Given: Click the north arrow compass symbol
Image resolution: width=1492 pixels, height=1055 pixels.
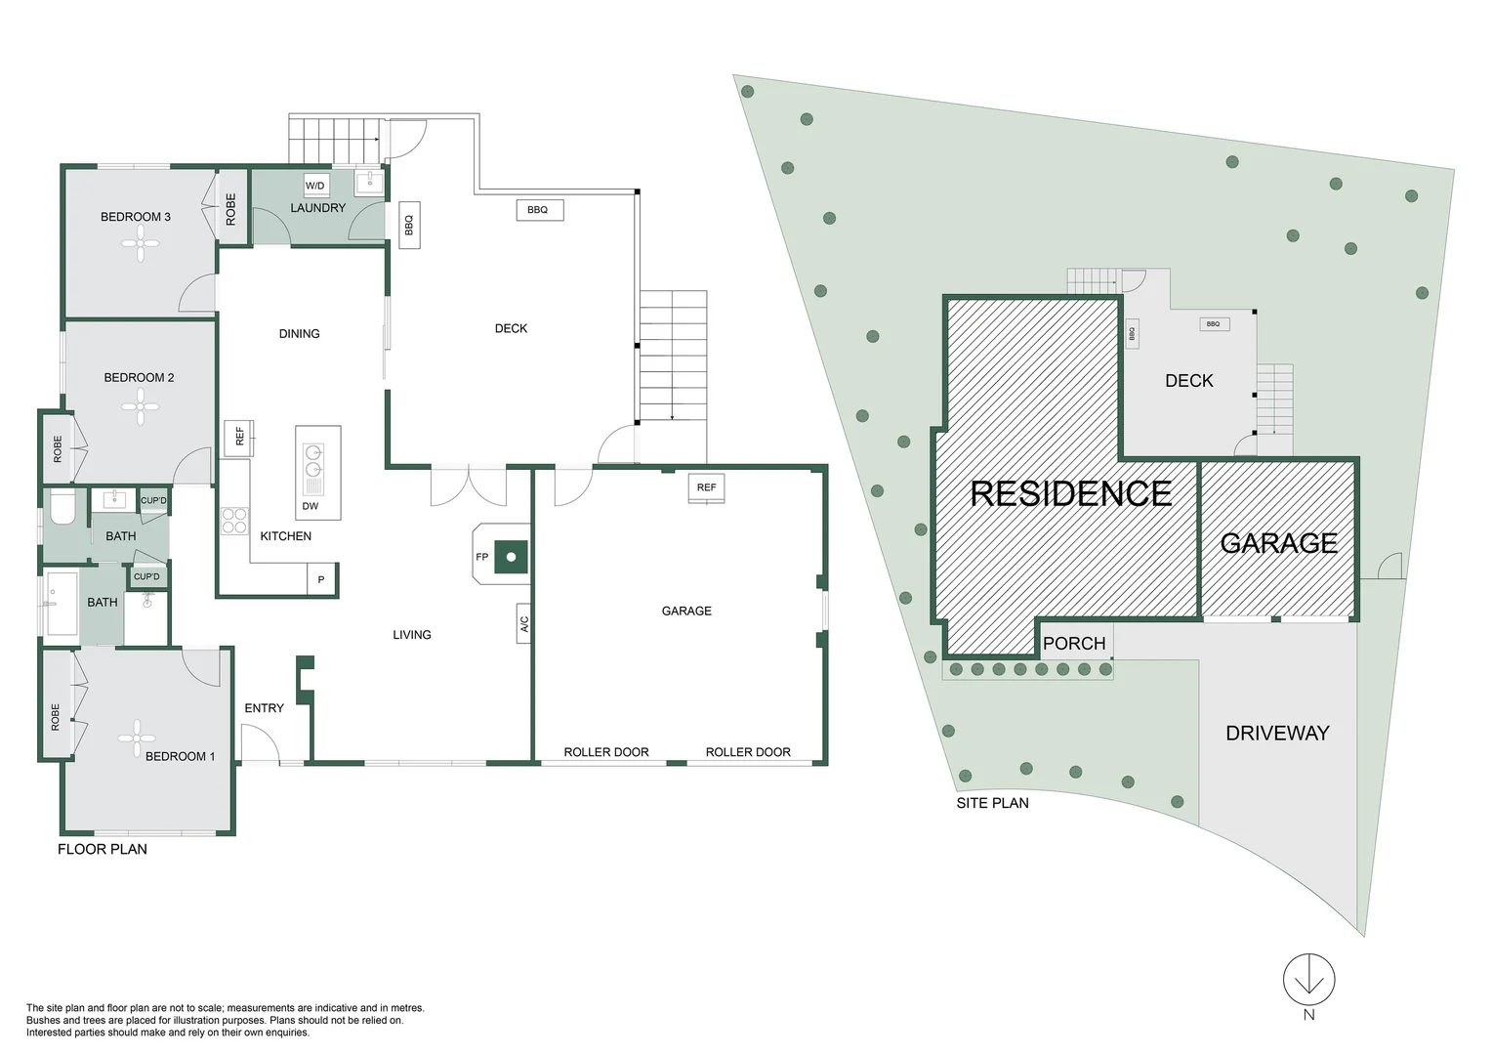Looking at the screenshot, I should pos(1308,980).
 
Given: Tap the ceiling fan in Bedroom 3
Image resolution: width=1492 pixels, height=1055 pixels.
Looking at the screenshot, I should pos(141,243).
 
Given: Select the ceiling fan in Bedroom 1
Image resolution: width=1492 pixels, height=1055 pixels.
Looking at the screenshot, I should pos(137,738).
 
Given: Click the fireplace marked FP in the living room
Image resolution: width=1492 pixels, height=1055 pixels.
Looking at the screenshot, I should pos(510,557).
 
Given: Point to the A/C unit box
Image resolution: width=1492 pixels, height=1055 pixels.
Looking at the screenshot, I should pos(523,623).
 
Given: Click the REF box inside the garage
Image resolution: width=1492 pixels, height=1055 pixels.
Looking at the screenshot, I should pos(706,487).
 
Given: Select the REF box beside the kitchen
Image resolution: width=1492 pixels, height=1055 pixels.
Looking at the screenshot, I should pos(238,437).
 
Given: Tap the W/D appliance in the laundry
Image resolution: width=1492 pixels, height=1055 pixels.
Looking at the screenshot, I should pos(315,185).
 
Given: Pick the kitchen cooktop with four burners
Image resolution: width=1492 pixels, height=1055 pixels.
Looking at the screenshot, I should pos(234,521).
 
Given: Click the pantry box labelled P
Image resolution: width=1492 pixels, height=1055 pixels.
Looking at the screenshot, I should pos(321,579).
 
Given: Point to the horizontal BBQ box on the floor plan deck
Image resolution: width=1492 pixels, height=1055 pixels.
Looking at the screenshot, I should pos(538,209).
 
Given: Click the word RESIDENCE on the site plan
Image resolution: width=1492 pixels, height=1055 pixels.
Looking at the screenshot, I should pos(1070,493).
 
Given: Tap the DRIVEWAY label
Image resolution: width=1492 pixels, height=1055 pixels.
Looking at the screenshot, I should pos(1277,733).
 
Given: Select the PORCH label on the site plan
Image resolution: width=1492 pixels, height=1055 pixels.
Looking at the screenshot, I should pos(1074,643).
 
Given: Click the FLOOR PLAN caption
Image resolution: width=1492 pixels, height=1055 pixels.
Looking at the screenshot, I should pos(103,849).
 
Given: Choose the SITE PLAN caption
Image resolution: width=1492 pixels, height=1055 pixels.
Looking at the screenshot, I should pos(992,803).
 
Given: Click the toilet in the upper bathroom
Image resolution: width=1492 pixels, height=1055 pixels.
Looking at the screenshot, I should pos(62,507).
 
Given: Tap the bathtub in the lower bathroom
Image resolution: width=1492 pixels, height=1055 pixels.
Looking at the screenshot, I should pos(62,604).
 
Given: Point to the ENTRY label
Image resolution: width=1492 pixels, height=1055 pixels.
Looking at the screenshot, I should pos(264,708).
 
